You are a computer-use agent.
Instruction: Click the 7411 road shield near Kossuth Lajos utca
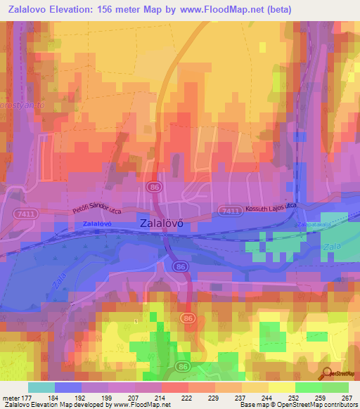228,210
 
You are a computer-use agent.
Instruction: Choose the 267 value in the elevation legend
345,398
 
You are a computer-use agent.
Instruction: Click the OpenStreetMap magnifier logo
327,374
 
